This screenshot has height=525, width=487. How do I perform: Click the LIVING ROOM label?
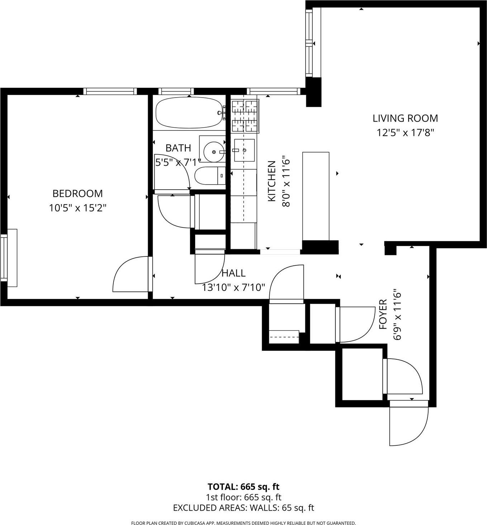[405, 118]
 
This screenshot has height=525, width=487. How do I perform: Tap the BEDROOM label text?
[77, 194]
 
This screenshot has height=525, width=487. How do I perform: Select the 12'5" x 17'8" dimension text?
[405, 133]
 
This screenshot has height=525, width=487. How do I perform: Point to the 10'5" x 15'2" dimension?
[77, 208]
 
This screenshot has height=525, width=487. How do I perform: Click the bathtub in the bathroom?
[189, 113]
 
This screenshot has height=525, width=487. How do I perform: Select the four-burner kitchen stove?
[245, 116]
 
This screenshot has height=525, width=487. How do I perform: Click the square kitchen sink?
[244, 150]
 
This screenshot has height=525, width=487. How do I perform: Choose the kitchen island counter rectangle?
[316, 196]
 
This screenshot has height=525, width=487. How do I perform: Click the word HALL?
[233, 273]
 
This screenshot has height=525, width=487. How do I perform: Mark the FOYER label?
[383, 314]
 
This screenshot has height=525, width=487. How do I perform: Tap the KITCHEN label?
[272, 181]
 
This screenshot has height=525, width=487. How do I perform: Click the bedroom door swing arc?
[129, 274]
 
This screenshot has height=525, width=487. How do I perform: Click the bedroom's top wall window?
[110, 91]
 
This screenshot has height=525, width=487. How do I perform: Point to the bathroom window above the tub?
[176, 91]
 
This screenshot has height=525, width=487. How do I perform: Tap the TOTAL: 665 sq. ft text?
[243, 487]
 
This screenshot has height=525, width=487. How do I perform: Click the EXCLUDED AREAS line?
[243, 508]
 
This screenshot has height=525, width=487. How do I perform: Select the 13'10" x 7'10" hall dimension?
[233, 287]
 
